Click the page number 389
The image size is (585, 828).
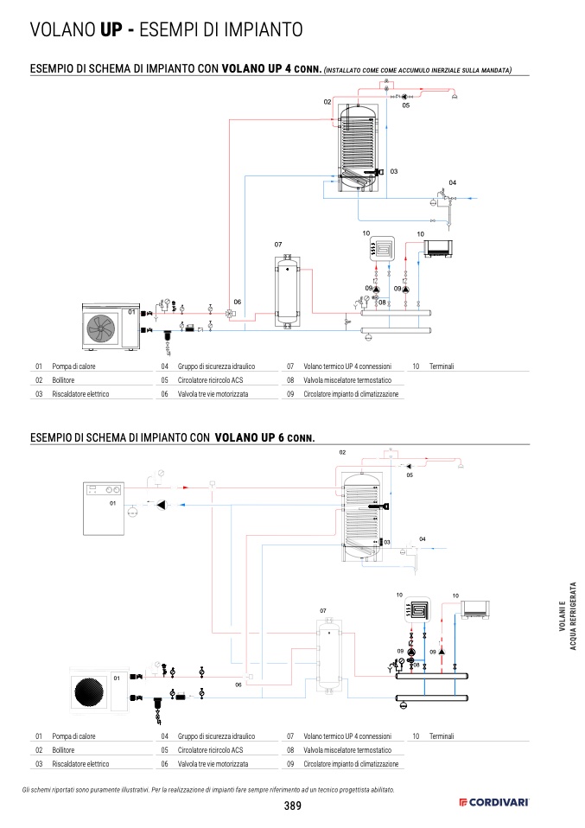[x=292, y=806]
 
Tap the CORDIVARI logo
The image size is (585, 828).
[x=493, y=803]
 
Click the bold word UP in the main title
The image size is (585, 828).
[x=111, y=29]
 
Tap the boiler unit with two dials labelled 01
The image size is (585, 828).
[x=104, y=508]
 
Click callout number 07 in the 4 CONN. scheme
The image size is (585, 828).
[x=278, y=245]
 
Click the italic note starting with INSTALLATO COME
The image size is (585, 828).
[x=417, y=70]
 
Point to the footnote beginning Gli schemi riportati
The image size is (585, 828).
[x=208, y=790]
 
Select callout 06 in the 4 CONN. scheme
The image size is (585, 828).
[x=238, y=302]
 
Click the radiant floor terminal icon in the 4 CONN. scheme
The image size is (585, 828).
[x=382, y=248]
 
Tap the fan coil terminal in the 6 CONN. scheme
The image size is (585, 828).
[x=475, y=610]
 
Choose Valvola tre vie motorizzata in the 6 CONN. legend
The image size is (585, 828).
[x=213, y=764]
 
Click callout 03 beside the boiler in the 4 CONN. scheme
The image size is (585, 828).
[x=394, y=172]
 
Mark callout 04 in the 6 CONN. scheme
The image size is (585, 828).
[x=423, y=539]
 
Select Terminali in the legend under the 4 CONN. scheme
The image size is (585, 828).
[x=442, y=366]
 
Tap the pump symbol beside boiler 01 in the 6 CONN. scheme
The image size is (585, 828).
[x=162, y=506]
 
